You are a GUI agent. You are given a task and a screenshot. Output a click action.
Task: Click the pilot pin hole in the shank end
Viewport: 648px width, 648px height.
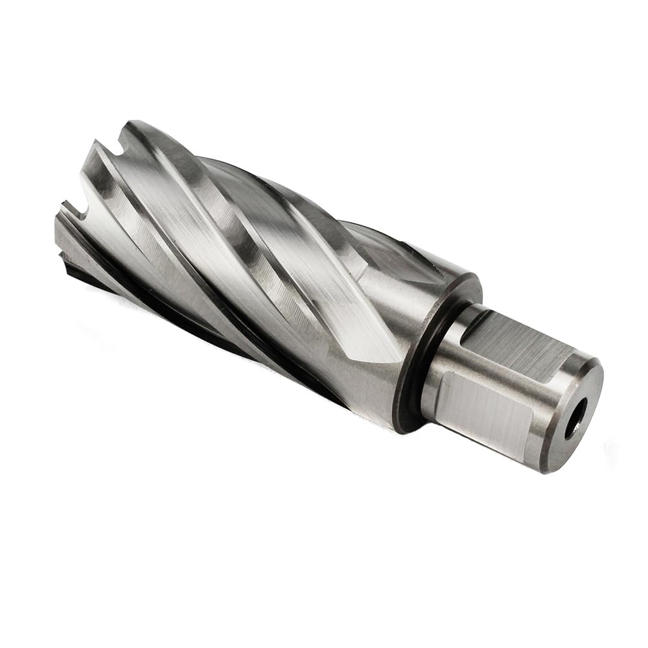(575, 419)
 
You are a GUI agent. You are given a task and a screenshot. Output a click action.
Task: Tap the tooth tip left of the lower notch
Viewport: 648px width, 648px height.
(62, 207)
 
